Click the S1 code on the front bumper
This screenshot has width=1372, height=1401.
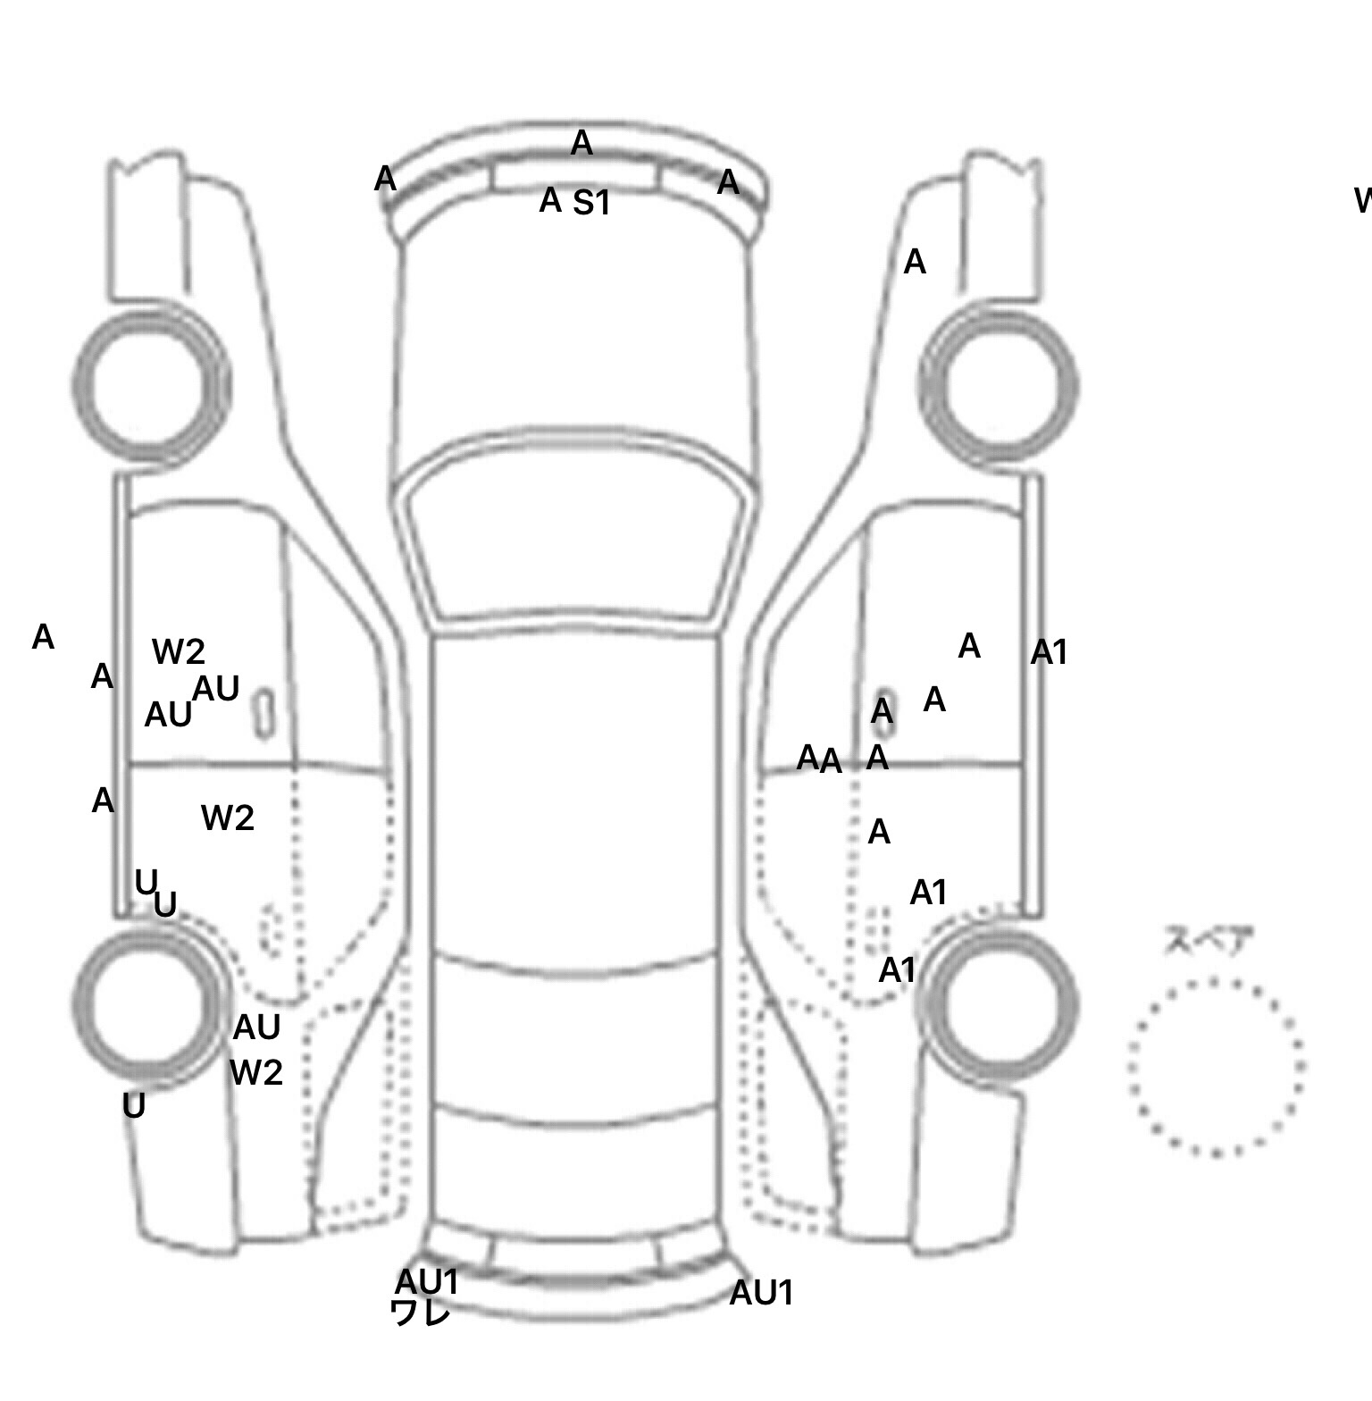(591, 204)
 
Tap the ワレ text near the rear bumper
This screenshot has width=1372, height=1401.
(420, 1313)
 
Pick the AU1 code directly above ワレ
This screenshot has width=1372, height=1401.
(427, 1282)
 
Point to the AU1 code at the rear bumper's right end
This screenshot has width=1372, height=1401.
(761, 1293)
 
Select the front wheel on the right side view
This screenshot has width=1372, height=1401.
(999, 386)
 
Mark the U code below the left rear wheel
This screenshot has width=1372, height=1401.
(134, 1106)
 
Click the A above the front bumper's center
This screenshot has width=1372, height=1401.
(581, 143)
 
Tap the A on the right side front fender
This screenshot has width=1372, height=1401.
(915, 263)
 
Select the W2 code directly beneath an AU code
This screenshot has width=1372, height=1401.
(256, 1072)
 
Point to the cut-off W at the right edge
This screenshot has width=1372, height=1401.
(1363, 201)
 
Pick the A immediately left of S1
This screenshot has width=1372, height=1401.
(550, 201)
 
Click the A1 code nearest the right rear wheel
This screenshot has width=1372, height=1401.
(898, 970)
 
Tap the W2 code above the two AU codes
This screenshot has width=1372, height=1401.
(179, 652)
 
